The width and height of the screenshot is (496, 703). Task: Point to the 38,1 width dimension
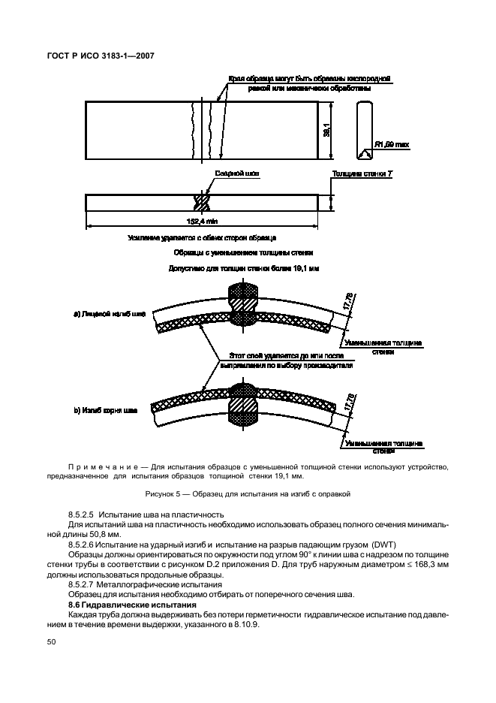(326, 131)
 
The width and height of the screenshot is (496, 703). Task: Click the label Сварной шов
(237, 173)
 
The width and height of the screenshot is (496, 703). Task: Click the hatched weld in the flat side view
(202, 202)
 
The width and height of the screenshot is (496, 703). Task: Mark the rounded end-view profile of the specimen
(364, 131)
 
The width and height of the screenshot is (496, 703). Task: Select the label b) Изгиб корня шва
(106, 410)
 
